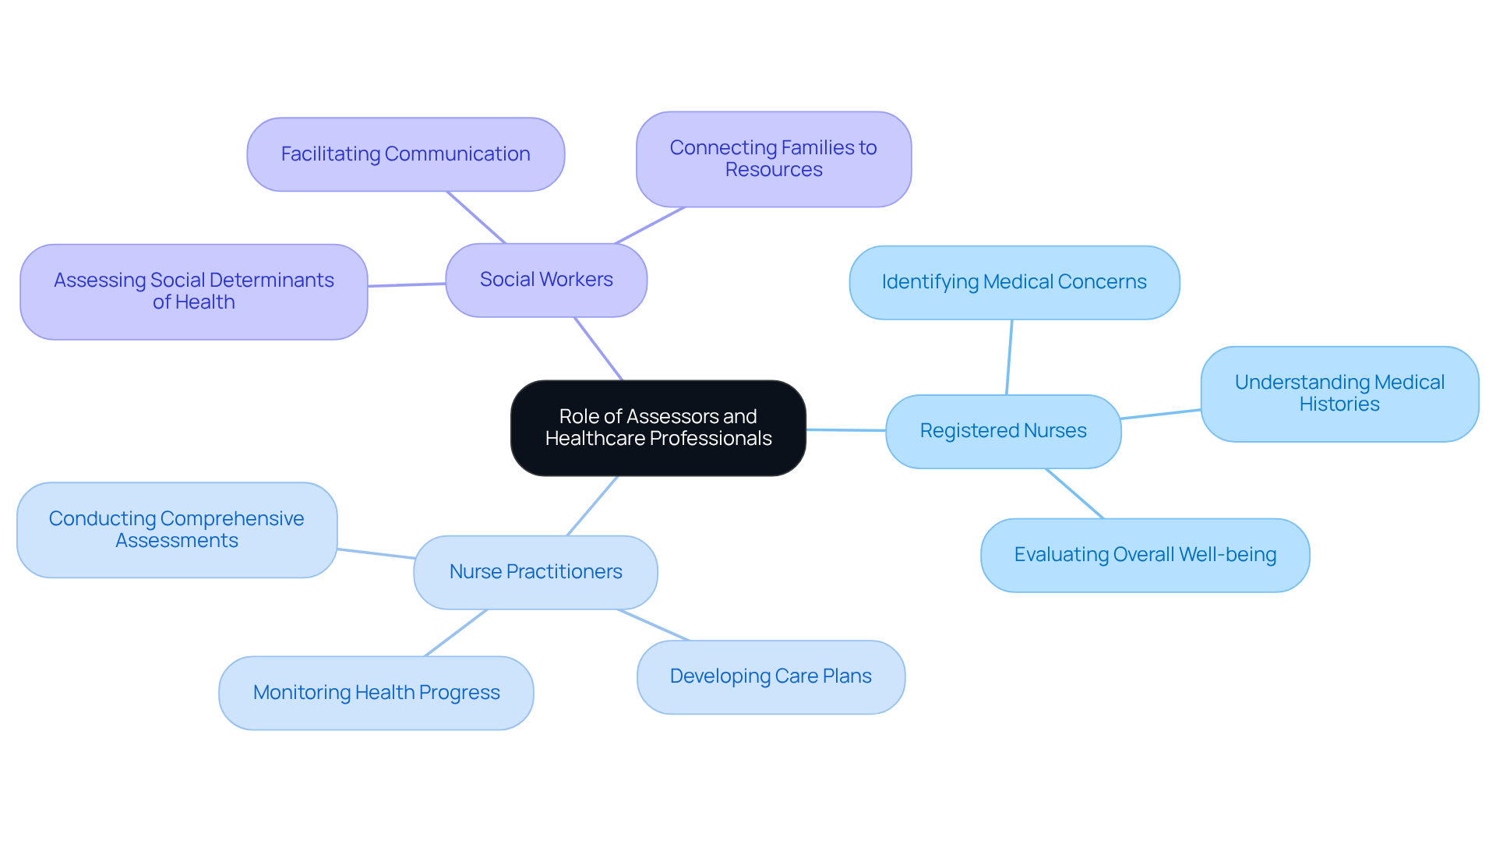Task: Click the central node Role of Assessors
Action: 658,428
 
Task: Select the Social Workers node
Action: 546,280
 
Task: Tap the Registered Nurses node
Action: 1003,431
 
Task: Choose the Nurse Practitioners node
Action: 535,572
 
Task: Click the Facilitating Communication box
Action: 405,154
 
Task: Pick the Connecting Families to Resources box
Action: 773,159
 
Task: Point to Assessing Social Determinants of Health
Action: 193,291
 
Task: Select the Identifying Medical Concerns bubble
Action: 1014,282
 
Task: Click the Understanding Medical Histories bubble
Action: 1339,394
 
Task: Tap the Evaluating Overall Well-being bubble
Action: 1145,555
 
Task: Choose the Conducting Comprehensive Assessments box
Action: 177,530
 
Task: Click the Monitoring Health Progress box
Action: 376,693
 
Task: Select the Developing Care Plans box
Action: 771,676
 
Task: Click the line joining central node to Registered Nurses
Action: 846,429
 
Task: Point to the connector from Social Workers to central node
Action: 598,348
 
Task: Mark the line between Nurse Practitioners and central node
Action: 592,506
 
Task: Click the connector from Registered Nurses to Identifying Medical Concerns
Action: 1009,357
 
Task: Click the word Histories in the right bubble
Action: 1339,404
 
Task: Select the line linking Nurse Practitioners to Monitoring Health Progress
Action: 456,633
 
